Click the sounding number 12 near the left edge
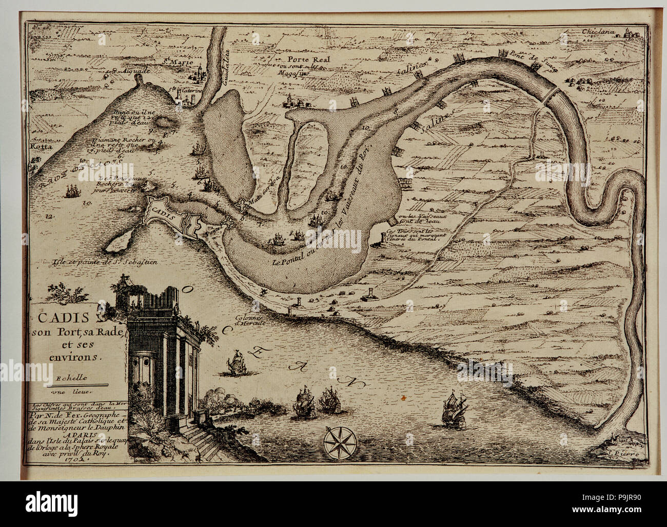(49, 217)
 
